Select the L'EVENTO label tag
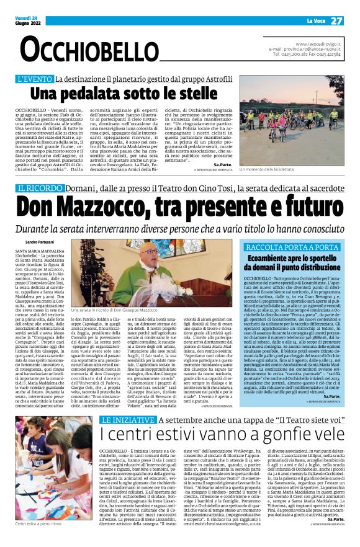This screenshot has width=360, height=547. point(35,79)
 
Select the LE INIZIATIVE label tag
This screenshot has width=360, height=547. point(127,419)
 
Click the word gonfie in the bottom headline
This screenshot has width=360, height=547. point(279,434)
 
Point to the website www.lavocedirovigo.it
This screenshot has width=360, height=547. point(318,44)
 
